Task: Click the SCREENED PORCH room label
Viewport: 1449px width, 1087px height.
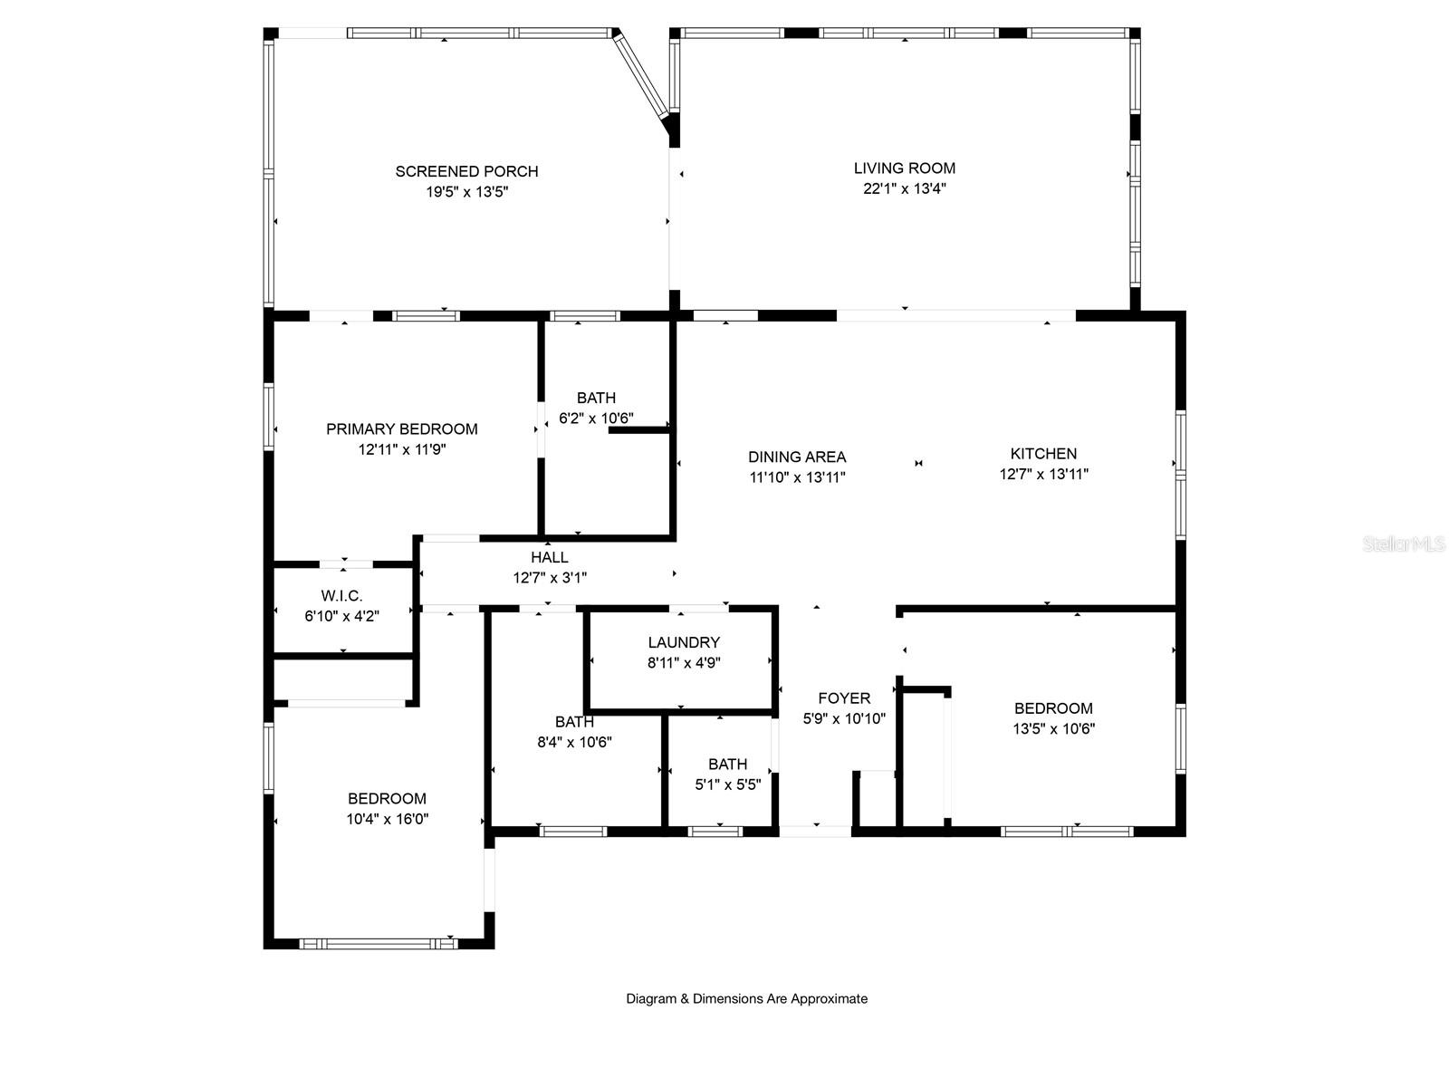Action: click(466, 171)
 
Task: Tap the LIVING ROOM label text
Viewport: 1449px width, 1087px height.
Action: click(905, 168)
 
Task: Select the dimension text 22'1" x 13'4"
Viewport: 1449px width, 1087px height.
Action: click(905, 188)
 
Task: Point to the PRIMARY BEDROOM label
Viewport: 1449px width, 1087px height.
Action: click(402, 429)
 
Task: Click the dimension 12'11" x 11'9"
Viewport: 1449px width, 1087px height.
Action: click(402, 449)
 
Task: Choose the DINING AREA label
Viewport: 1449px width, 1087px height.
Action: click(797, 457)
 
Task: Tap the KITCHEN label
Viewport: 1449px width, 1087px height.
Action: click(1043, 454)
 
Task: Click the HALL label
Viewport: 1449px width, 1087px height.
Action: click(549, 558)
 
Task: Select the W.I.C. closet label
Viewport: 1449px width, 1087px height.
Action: click(342, 596)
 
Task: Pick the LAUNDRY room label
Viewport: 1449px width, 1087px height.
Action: click(684, 642)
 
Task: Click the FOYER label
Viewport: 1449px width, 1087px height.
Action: click(844, 698)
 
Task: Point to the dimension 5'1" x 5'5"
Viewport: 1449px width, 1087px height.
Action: click(728, 784)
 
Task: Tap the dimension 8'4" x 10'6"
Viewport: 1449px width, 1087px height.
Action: click(574, 742)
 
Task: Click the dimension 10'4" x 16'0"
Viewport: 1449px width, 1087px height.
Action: click(388, 819)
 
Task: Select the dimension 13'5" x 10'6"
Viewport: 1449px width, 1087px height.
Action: click(1053, 728)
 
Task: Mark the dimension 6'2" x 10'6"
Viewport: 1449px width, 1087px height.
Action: click(596, 418)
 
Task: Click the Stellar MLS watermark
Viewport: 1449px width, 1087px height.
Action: click(1404, 543)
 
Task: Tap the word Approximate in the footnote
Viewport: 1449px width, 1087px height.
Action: click(830, 998)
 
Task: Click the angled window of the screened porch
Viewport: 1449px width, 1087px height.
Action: click(639, 74)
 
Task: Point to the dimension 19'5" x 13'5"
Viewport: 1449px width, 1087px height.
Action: click(466, 192)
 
